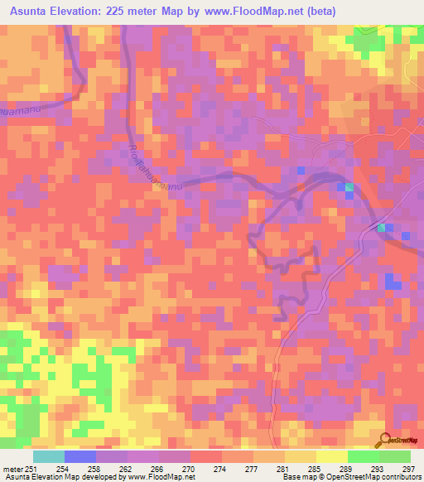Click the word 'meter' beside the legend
[12, 468]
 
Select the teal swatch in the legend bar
[49, 456]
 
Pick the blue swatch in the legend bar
[80, 456]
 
